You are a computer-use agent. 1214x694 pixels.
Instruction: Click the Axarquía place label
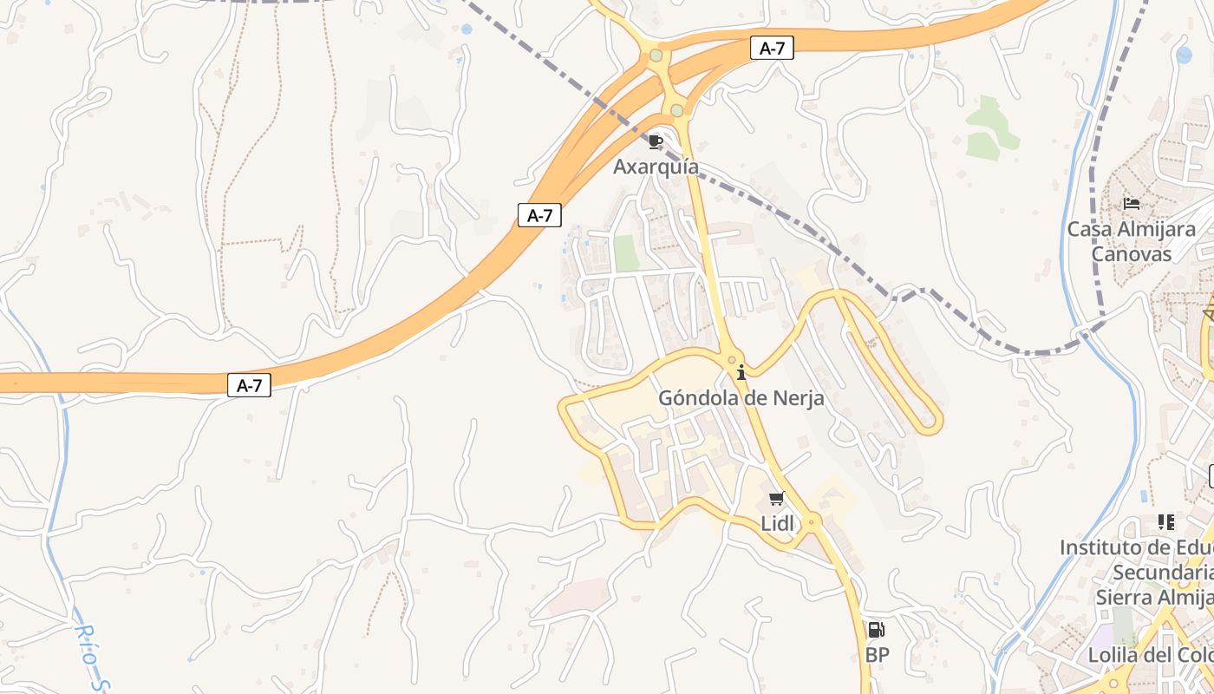click(x=656, y=167)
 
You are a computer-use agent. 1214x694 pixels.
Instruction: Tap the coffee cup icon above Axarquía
click(x=656, y=141)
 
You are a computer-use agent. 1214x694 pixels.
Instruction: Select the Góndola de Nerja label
click(x=741, y=398)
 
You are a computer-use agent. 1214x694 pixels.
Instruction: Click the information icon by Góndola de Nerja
click(x=741, y=373)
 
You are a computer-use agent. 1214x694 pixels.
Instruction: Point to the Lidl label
click(x=776, y=523)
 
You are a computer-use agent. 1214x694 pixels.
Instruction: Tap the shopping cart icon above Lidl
click(x=776, y=498)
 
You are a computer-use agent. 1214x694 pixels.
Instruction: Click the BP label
click(x=878, y=655)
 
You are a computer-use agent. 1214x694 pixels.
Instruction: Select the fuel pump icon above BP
click(x=877, y=630)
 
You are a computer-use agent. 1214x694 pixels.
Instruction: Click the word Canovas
click(x=1132, y=254)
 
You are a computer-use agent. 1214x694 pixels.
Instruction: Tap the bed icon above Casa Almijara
click(x=1132, y=204)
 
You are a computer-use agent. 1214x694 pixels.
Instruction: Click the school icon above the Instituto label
click(x=1166, y=522)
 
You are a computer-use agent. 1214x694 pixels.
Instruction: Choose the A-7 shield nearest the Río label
click(x=250, y=385)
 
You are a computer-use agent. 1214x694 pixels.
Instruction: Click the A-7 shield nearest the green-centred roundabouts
click(x=771, y=49)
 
